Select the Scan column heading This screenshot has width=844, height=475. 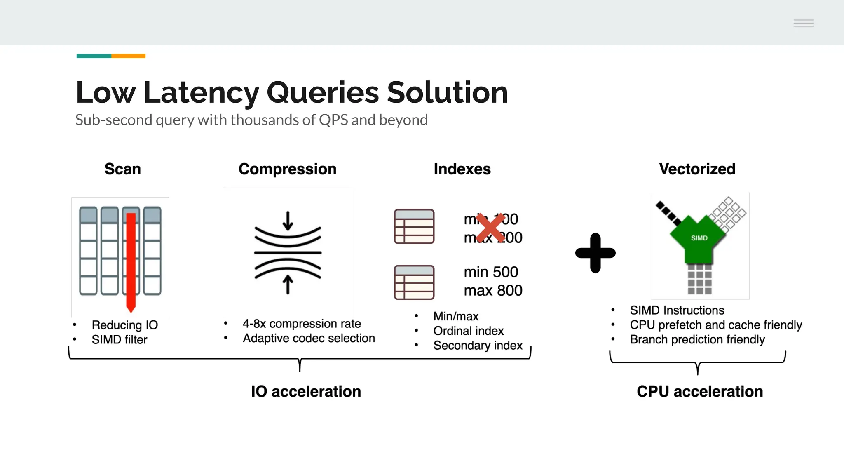tap(122, 169)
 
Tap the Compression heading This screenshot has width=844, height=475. tap(287, 169)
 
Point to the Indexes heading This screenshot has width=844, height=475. tap(462, 169)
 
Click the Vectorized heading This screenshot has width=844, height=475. tap(697, 169)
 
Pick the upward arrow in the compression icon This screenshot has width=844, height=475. tap(288, 285)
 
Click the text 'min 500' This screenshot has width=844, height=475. tap(490, 272)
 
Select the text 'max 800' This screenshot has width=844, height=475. tap(493, 291)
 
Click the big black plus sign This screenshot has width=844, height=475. tap(595, 253)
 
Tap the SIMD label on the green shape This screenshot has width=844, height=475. tap(699, 238)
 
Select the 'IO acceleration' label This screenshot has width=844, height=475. tap(306, 391)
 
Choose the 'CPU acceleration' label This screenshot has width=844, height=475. tap(699, 391)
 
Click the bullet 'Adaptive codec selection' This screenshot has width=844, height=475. tap(309, 339)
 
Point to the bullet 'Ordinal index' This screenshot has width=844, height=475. tap(468, 331)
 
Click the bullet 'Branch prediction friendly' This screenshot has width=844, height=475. tap(697, 340)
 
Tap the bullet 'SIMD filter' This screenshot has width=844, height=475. tap(119, 340)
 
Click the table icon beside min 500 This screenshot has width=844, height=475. tap(414, 282)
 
